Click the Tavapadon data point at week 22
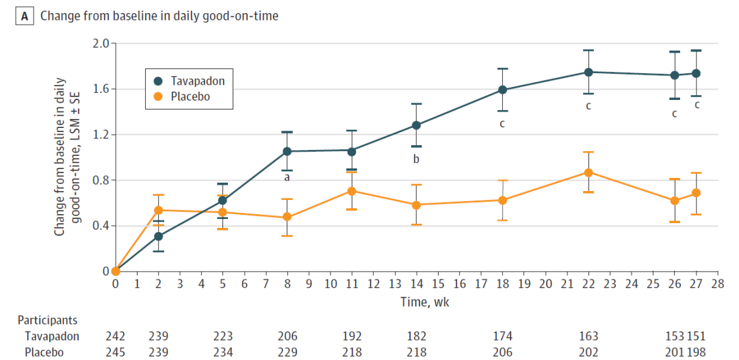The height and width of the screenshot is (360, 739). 588,72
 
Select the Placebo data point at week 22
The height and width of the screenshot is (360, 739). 588,172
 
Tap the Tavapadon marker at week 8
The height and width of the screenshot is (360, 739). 287,151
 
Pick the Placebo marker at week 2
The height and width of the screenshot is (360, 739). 158,210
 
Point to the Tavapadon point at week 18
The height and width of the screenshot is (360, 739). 502,90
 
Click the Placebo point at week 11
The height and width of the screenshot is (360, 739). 352,191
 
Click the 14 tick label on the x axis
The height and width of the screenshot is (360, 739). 416,284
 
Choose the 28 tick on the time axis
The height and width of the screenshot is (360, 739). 717,284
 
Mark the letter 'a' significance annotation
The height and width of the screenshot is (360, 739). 286,178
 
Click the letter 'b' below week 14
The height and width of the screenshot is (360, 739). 416,159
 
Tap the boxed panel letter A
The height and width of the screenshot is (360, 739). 25,16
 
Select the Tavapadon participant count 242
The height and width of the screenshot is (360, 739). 116,336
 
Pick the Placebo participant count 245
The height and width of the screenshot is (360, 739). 116,352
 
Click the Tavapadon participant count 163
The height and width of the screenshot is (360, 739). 588,336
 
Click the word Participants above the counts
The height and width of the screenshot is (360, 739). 48,320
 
